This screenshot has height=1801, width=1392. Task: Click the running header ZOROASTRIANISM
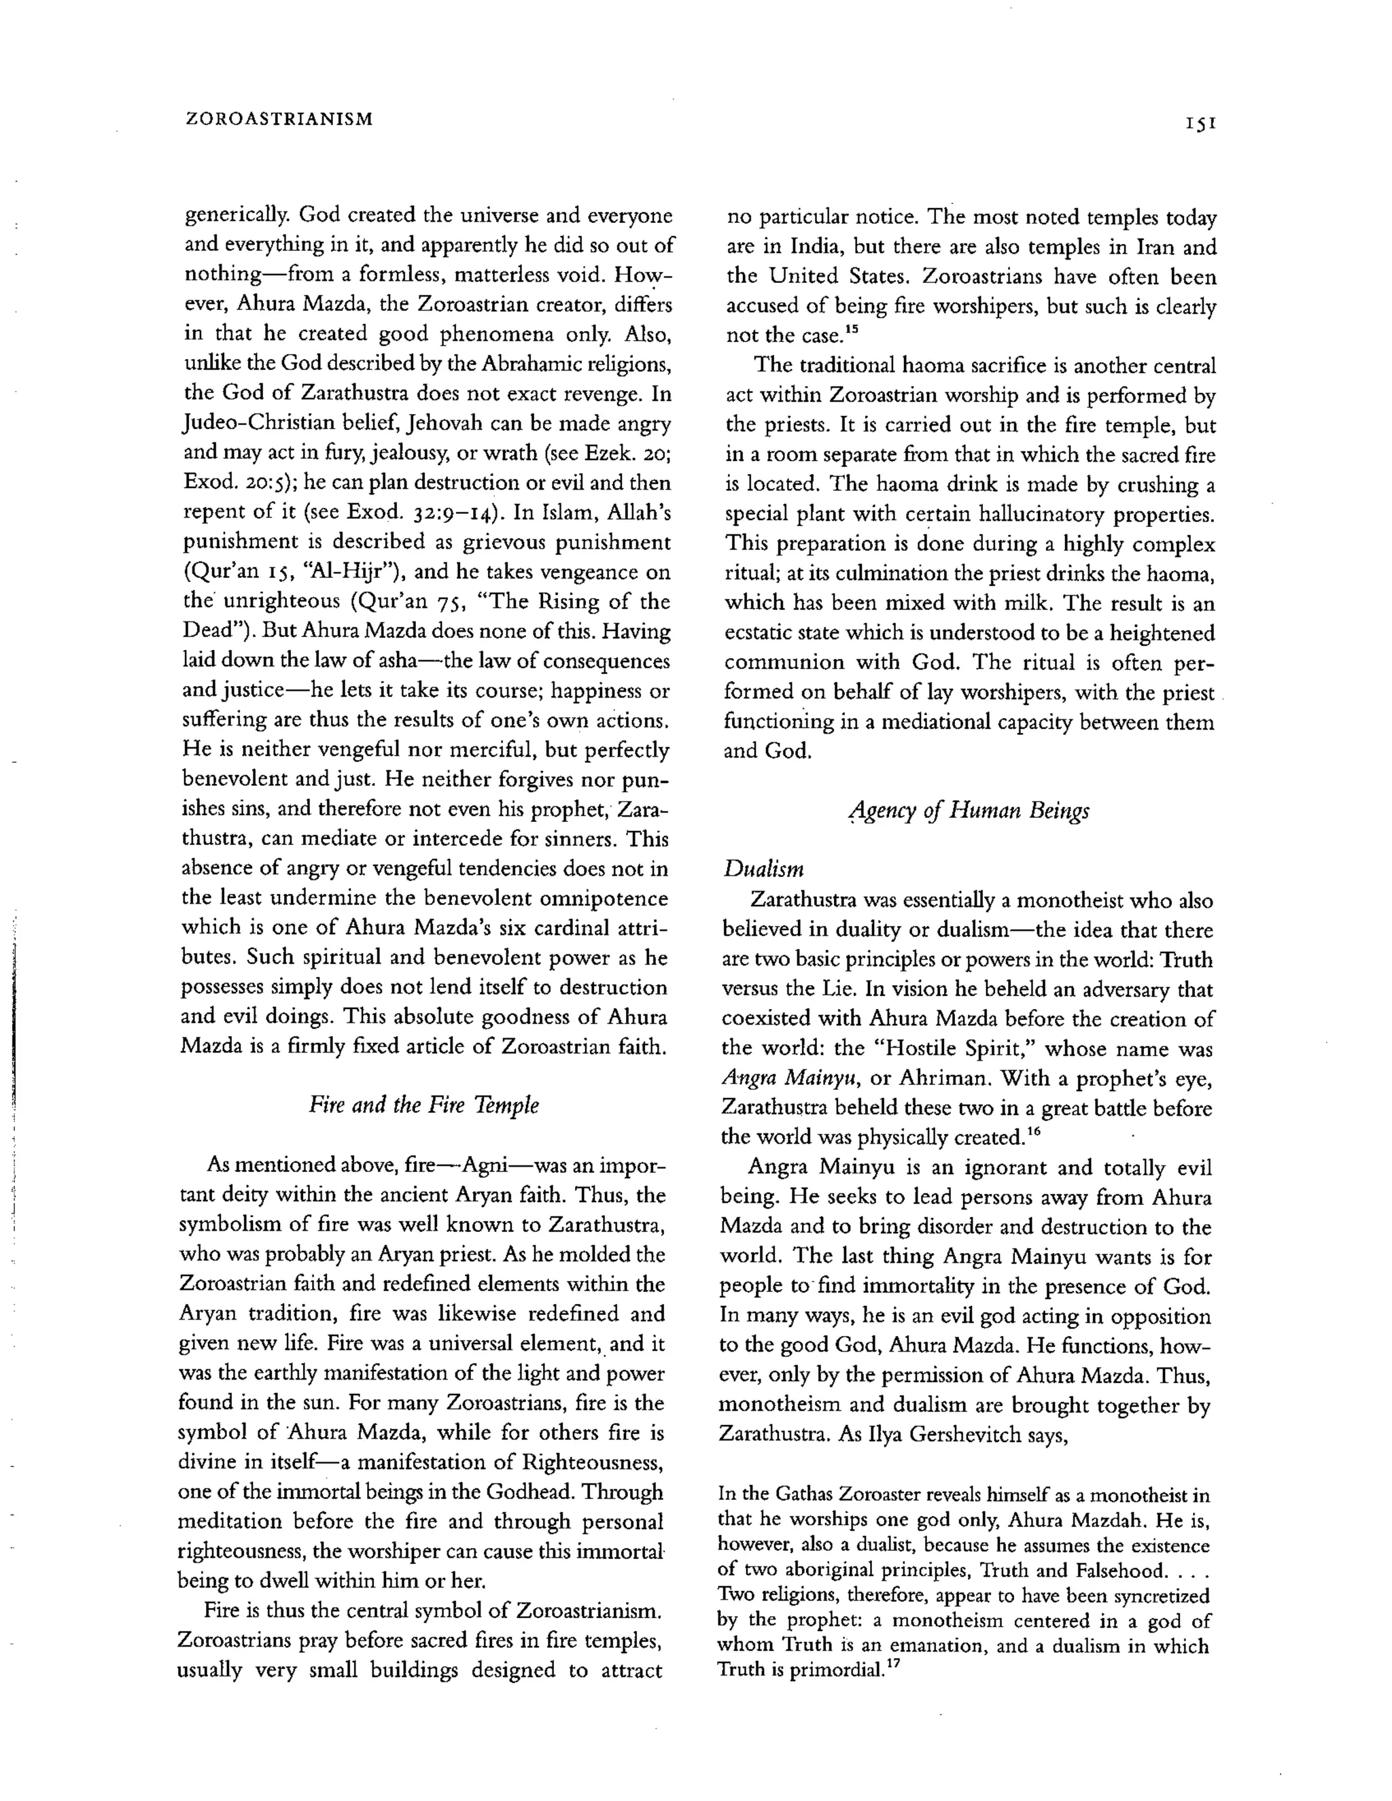pos(279,119)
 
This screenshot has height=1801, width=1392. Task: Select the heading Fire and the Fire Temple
pos(424,1105)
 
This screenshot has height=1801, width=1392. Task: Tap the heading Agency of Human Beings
pos(968,812)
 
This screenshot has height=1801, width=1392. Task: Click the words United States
pos(839,277)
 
